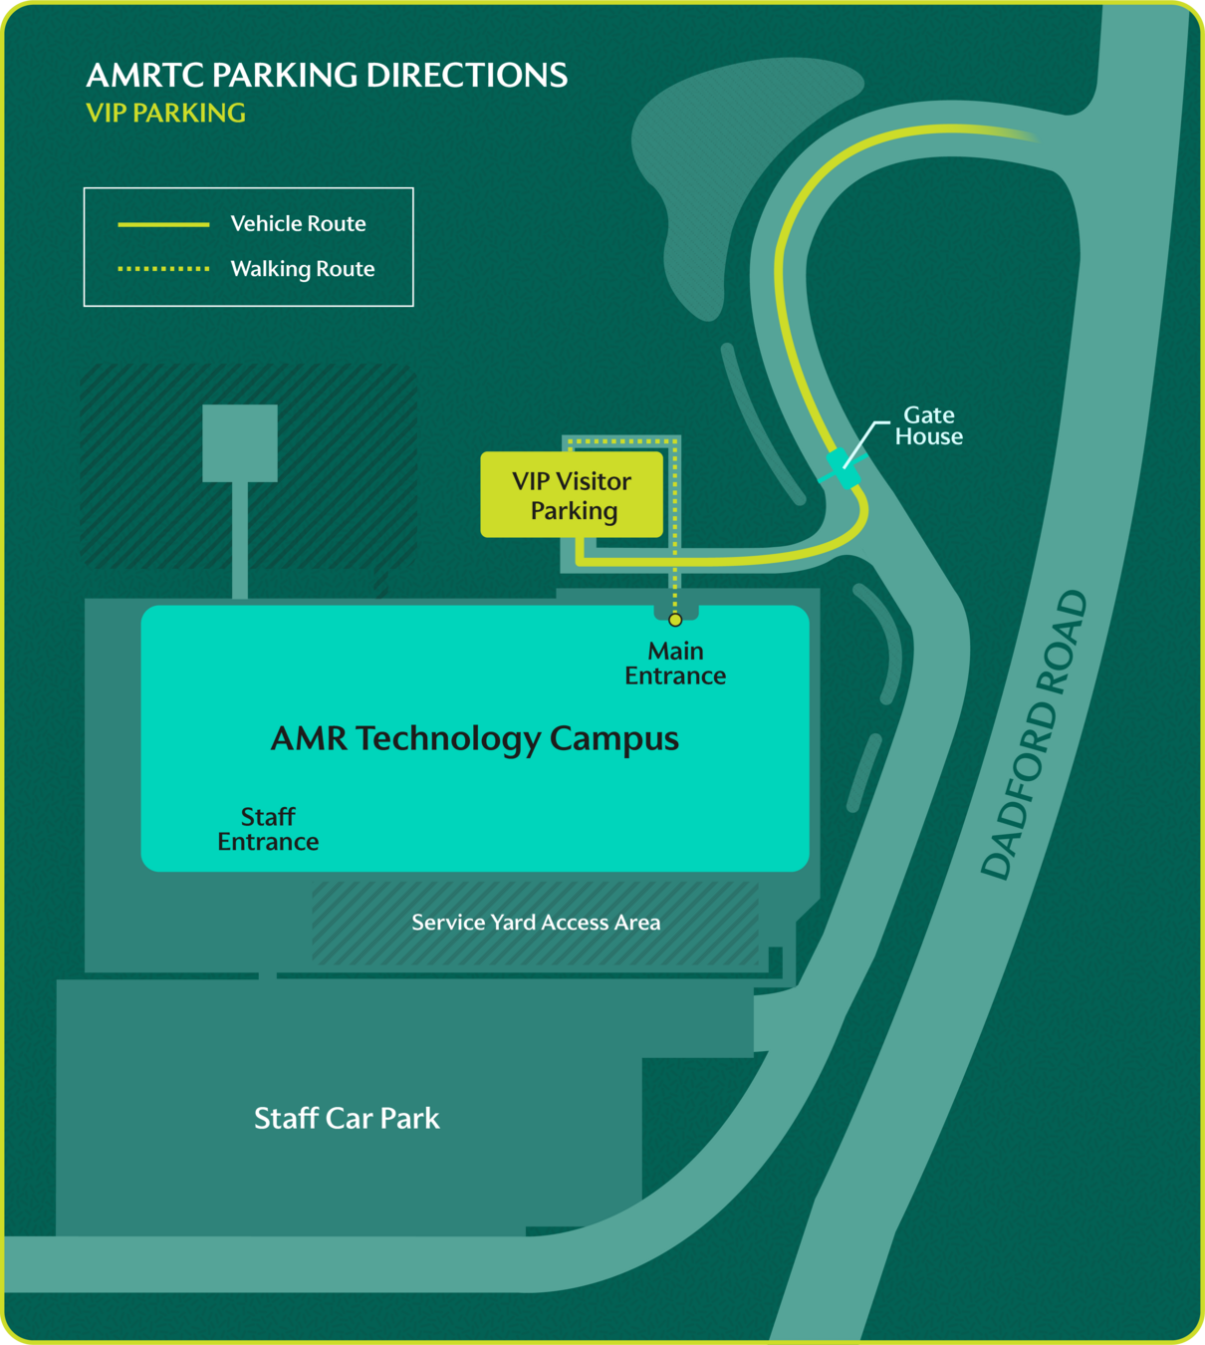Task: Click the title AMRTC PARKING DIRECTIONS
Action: pos(327,76)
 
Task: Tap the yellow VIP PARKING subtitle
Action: pos(165,114)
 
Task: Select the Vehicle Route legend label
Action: pos(298,224)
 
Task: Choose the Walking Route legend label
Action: pos(303,269)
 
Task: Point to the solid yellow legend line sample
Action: pos(163,225)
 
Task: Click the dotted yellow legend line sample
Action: pos(163,269)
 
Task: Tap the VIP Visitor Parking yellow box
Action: pos(572,495)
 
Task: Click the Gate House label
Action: pos(928,425)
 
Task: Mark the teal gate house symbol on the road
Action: pos(843,466)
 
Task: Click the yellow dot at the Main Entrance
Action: pos(675,620)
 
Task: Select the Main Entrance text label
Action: pos(675,664)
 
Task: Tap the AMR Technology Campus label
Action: pos(475,739)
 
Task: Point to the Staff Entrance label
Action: pos(268,829)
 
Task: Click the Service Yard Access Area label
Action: pos(536,923)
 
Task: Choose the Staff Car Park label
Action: pos(347,1119)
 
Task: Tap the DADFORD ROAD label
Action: pos(1035,735)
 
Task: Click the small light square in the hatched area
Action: pos(240,443)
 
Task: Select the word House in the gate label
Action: pos(928,437)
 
